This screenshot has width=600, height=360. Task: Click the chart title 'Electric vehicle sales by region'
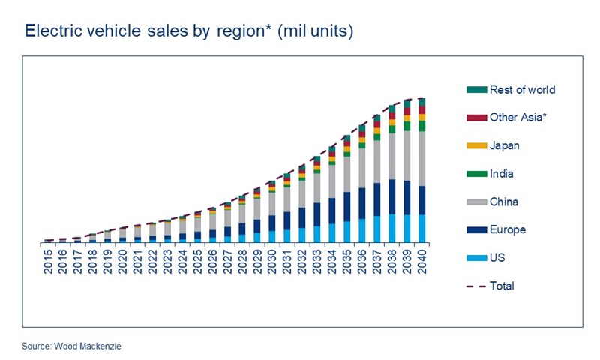coord(188,31)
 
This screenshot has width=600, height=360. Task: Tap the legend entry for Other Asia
coord(511,117)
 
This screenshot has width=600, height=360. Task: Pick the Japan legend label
coord(504,145)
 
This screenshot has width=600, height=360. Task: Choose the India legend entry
coord(502,173)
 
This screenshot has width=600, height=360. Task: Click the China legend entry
coord(503,202)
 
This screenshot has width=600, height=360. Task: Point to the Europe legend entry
coord(507,229)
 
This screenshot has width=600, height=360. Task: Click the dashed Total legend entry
coord(502,286)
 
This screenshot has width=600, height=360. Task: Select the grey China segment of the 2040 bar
coord(422,158)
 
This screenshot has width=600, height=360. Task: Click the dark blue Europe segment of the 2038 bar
coord(392,196)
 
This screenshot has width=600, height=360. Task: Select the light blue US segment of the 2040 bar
coord(422,228)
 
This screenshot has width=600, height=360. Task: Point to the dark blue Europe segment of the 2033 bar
coord(317,214)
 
